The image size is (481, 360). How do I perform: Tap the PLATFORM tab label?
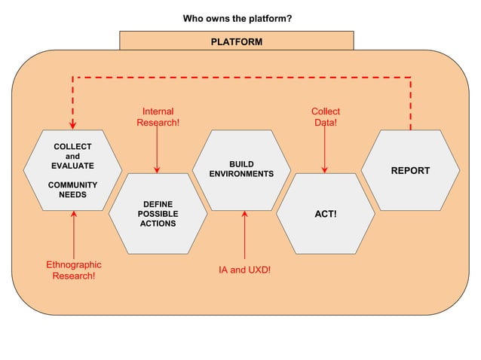tap(237, 41)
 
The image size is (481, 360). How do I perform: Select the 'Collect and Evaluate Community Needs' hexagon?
tap(72, 170)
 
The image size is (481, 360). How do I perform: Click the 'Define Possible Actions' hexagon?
tap(158, 214)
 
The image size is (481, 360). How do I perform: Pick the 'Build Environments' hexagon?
tap(241, 170)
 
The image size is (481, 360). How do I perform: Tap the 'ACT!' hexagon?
tap(325, 214)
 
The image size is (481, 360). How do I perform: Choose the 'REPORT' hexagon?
tap(410, 170)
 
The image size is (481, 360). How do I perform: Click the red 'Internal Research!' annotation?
tap(158, 117)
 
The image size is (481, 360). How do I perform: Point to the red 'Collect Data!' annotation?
tap(325, 117)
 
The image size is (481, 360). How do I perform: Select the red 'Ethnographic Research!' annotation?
tap(73, 270)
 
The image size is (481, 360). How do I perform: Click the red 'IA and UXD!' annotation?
tap(244, 270)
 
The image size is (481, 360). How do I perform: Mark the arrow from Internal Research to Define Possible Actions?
tap(158, 151)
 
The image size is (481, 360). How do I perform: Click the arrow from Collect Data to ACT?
tap(325, 151)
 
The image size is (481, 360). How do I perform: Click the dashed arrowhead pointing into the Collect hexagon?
tap(73, 124)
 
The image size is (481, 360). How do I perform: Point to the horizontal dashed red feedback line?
tap(241, 77)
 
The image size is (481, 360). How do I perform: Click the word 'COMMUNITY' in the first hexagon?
tap(72, 185)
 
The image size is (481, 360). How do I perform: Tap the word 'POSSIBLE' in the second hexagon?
tap(158, 214)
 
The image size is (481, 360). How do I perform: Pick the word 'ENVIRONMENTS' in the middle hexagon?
tap(241, 174)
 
